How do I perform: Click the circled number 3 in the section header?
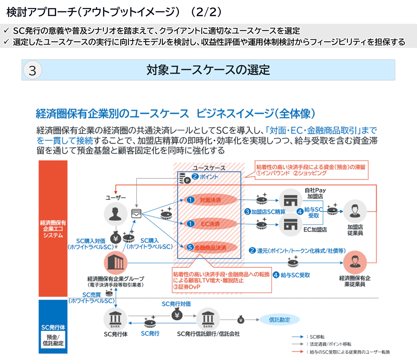pyautogui.click(x=32, y=70)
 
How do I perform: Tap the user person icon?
pyautogui.click(x=116, y=214)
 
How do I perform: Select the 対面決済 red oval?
pyautogui.click(x=210, y=200)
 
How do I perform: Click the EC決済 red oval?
pyautogui.click(x=210, y=223)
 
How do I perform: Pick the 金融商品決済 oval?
pyautogui.click(x=210, y=247)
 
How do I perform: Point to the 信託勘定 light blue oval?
pyautogui.click(x=280, y=320)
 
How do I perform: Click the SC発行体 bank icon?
pyautogui.click(x=116, y=319)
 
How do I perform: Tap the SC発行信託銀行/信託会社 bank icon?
pyautogui.click(x=208, y=319)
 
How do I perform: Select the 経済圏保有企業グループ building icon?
pyautogui.click(x=116, y=263)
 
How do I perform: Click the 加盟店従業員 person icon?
pyautogui.click(x=355, y=211)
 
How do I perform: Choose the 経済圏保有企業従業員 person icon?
pyautogui.click(x=355, y=262)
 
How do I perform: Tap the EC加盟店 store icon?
pyautogui.click(x=290, y=225)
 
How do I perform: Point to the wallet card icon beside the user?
pyautogui.click(x=136, y=214)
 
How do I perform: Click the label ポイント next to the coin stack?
pyautogui.click(x=209, y=177)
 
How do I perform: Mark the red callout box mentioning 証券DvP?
pyautogui.click(x=222, y=280)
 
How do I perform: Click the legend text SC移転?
pyautogui.click(x=317, y=337)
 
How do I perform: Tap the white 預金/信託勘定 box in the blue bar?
pyautogui.click(x=53, y=340)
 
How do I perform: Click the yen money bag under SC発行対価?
pyautogui.click(x=177, y=315)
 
